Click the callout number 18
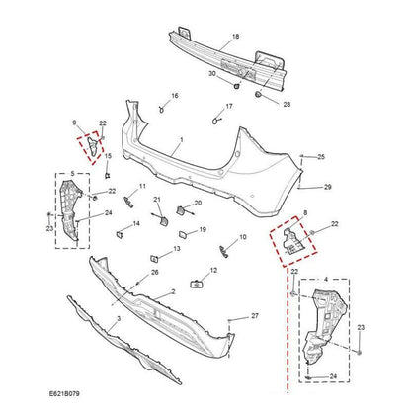tap(235, 37)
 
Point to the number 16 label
tap(175, 96)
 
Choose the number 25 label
tap(321, 157)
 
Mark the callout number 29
tap(327, 187)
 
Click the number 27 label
tap(254, 315)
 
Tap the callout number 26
tap(155, 272)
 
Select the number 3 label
tap(119, 321)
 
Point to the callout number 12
tap(213, 271)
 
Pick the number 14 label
tap(135, 224)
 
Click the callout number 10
tap(243, 239)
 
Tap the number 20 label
tap(198, 203)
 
